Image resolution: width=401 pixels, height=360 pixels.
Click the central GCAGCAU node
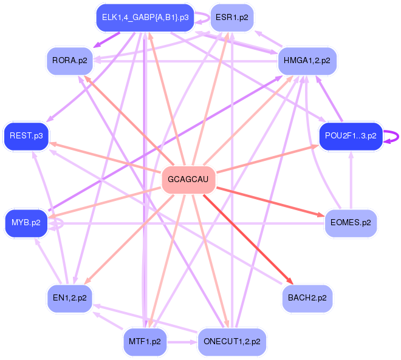(189, 180)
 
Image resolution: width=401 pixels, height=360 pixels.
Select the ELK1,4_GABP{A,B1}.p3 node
(145, 18)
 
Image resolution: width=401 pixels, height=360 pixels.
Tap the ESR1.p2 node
(231, 18)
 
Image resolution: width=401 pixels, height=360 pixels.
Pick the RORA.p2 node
(69, 61)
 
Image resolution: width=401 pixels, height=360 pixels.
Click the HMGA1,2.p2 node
(307, 61)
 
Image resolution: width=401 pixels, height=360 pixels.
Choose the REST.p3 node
(26, 135)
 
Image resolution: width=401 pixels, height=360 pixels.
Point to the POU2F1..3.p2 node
(351, 135)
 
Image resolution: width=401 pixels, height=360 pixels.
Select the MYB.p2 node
(26, 223)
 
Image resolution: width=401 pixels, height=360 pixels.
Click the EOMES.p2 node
(351, 223)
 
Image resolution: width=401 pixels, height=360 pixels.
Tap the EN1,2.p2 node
(69, 298)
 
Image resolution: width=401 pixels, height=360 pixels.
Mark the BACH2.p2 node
(307, 298)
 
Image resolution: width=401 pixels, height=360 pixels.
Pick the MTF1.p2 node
(145, 342)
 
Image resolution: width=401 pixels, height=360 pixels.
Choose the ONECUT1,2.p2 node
(231, 342)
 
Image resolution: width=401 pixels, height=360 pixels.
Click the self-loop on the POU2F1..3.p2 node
(395, 136)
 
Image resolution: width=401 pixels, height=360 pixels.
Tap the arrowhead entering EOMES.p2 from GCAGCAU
(321, 215)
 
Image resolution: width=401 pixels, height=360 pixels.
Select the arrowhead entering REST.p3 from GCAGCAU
(53, 144)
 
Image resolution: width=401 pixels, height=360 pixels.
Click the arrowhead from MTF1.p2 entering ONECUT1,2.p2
(194, 342)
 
